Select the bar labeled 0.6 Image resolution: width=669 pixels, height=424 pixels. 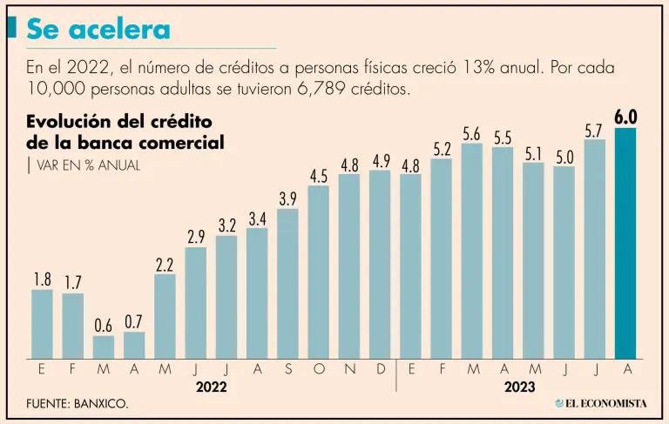pos(104,347)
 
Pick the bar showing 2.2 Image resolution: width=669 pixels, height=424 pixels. pos(165,316)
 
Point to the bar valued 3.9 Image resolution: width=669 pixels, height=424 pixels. pos(287,284)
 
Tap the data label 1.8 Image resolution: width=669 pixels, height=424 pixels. pos(42,279)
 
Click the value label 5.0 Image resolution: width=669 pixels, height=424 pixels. pos(564,157)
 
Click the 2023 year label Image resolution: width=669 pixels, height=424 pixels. pos(519,386)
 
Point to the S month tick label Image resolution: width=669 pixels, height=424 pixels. pos(287,369)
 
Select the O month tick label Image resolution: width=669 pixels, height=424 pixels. pos(318,369)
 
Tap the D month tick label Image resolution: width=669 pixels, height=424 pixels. pos(380,369)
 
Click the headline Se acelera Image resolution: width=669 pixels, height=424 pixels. pos(98,30)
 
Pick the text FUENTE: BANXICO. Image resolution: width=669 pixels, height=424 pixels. pos(77,405)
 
